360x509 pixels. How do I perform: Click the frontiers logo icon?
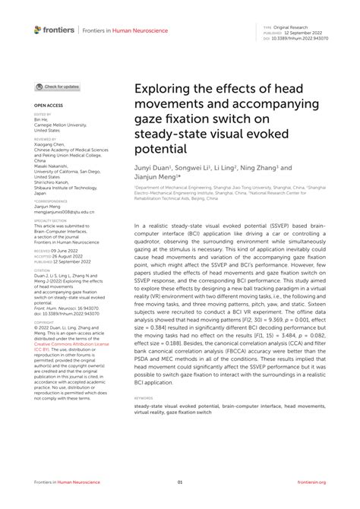coord(38,30)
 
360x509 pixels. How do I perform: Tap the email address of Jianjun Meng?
coord(65,212)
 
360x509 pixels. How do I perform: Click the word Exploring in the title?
coord(163,90)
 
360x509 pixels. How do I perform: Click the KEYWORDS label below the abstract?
coord(143,397)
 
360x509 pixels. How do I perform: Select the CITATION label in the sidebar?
coord(41,268)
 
